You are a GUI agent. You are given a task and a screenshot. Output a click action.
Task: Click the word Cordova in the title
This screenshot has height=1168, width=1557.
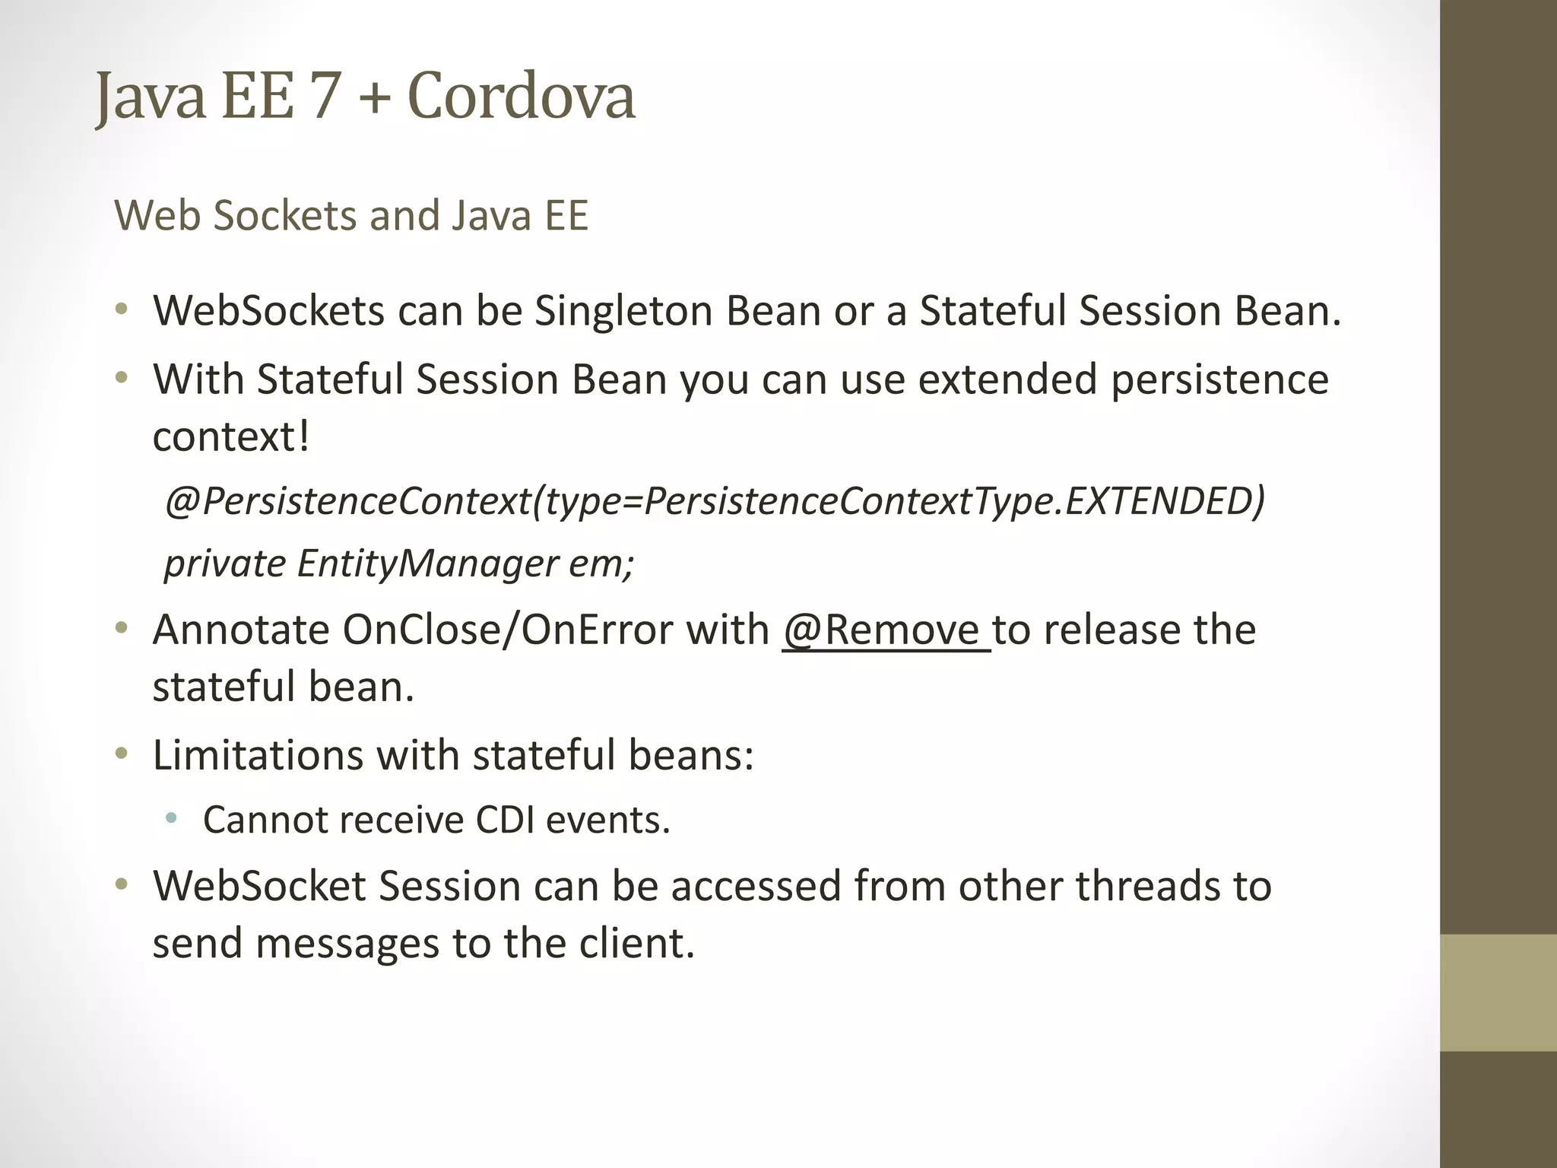[x=521, y=97]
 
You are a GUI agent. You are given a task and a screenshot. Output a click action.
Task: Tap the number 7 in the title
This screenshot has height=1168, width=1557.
[x=324, y=97]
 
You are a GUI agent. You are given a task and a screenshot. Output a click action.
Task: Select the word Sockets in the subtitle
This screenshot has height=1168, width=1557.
[x=285, y=215]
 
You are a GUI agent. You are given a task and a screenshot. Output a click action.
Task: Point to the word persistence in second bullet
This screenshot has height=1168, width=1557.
[x=1219, y=379]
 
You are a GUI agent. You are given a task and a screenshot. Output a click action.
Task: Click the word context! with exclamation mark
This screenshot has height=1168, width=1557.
[x=231, y=436]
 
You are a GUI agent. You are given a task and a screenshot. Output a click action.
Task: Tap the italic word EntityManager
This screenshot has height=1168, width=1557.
[x=427, y=563]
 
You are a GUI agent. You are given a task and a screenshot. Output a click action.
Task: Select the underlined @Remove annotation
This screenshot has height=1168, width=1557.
[x=882, y=630]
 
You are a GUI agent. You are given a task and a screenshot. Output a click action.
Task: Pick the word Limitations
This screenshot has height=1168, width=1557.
[x=258, y=755]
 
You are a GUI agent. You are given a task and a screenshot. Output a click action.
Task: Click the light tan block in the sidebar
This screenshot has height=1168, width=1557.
[x=1498, y=992]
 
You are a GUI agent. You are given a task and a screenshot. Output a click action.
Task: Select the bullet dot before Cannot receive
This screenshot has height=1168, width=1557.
[x=171, y=819]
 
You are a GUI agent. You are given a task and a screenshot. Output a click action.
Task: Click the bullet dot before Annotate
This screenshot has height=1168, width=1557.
[x=121, y=629]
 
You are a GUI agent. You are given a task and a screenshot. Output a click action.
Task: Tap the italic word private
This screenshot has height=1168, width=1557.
[x=225, y=563]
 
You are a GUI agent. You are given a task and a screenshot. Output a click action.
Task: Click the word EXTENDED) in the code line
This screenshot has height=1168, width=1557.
[x=1165, y=500]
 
